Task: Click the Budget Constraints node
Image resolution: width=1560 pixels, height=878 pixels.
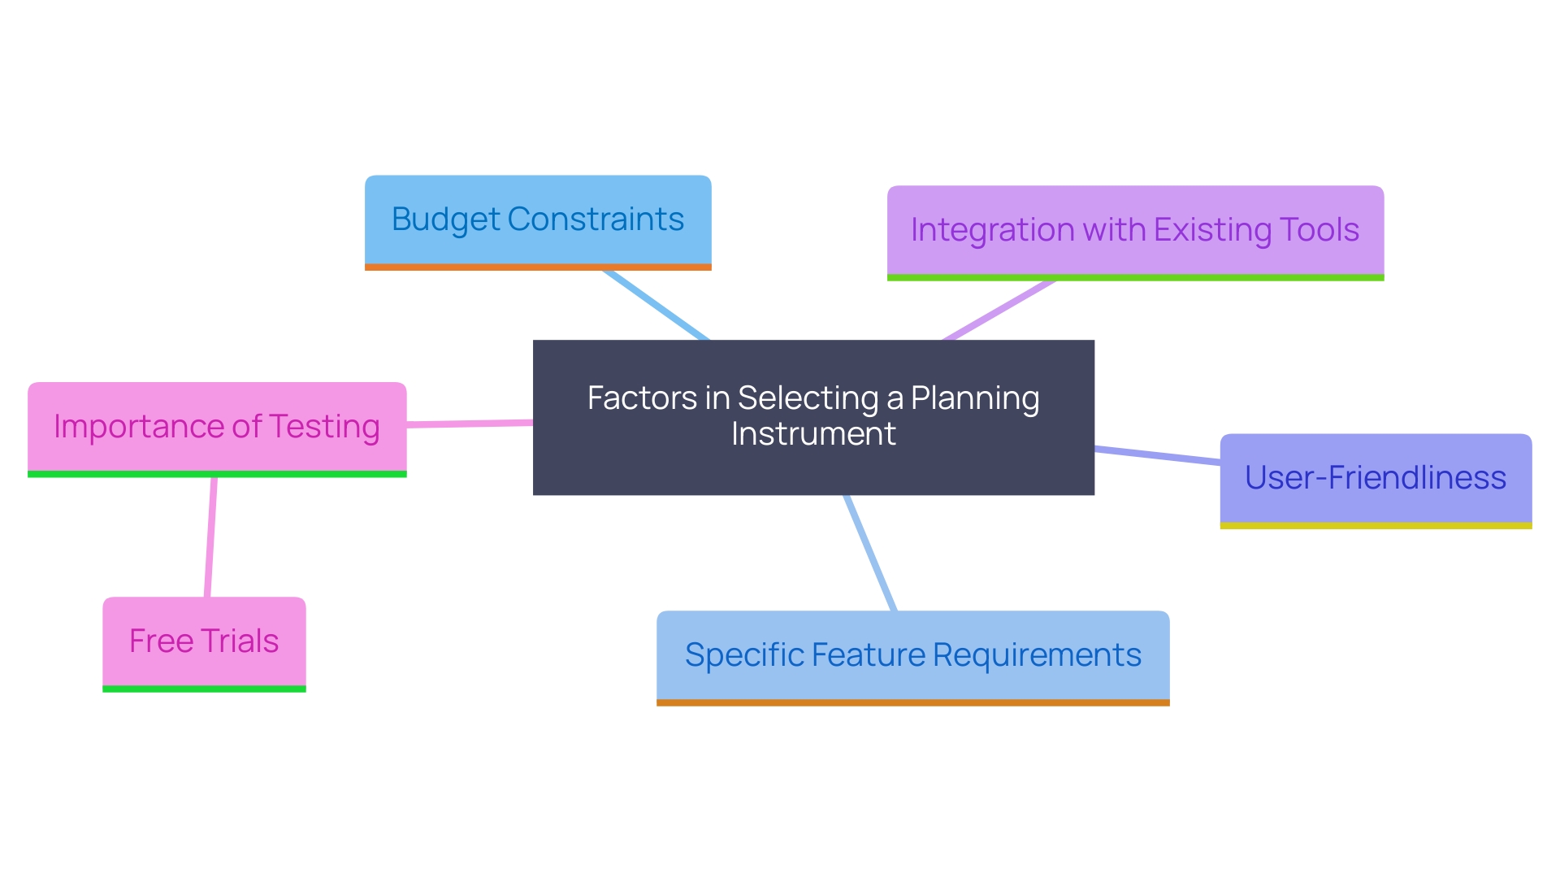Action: click(x=538, y=220)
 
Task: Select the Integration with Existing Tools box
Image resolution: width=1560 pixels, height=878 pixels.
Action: click(x=1135, y=231)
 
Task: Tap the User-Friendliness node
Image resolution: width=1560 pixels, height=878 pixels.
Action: click(x=1376, y=478)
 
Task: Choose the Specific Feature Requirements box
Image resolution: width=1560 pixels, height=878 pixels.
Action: click(x=912, y=655)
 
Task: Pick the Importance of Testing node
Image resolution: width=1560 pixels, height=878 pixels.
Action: click(x=217, y=427)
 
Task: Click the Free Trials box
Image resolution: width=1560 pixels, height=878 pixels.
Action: click(x=204, y=641)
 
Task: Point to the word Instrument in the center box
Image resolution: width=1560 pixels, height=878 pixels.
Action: click(x=813, y=434)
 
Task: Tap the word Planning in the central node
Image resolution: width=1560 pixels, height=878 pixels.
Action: click(x=975, y=398)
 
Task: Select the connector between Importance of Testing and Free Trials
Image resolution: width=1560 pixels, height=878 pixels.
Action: click(x=210, y=537)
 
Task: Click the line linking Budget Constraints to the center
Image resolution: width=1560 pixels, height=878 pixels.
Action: click(x=656, y=305)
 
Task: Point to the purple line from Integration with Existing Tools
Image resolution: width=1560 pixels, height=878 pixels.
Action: click(x=999, y=311)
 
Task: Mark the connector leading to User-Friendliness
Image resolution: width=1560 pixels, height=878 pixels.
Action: click(x=1157, y=455)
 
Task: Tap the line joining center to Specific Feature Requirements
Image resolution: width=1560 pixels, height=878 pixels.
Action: click(x=870, y=553)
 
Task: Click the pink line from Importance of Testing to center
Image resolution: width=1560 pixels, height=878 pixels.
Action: click(x=470, y=424)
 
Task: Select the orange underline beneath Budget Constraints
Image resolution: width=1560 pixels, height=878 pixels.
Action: click(x=538, y=267)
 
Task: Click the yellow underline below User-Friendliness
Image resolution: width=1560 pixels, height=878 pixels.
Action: click(x=1376, y=526)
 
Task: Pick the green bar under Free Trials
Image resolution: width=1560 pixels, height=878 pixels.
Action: click(x=204, y=689)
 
